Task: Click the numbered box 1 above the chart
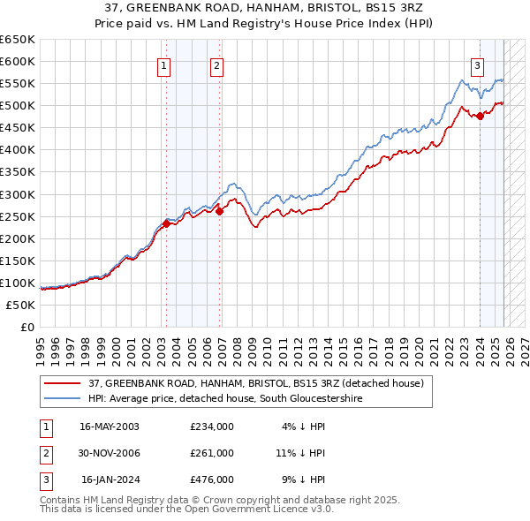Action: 165,64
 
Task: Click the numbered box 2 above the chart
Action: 216,64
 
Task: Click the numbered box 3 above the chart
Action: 477,64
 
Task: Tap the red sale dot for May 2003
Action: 166,223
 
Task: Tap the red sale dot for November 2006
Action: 220,211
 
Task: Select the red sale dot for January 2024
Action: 480,116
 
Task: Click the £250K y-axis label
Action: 19,216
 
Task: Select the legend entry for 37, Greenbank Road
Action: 256,383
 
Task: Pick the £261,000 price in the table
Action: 212,453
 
